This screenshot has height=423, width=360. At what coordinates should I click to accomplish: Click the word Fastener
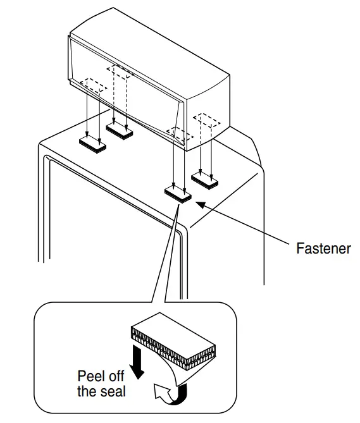(x=323, y=248)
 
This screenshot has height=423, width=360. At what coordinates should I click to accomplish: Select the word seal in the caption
(x=113, y=392)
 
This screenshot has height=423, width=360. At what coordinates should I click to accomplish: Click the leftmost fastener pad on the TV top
(x=93, y=144)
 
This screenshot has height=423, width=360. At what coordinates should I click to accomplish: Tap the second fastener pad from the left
(x=120, y=130)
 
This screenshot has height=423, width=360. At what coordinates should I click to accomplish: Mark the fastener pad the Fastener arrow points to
(x=178, y=193)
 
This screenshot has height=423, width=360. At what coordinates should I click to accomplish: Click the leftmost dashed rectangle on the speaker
(x=92, y=87)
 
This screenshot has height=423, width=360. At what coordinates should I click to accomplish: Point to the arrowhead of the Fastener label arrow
(x=198, y=203)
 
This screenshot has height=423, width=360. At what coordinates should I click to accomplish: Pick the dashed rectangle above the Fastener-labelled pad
(x=178, y=134)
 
